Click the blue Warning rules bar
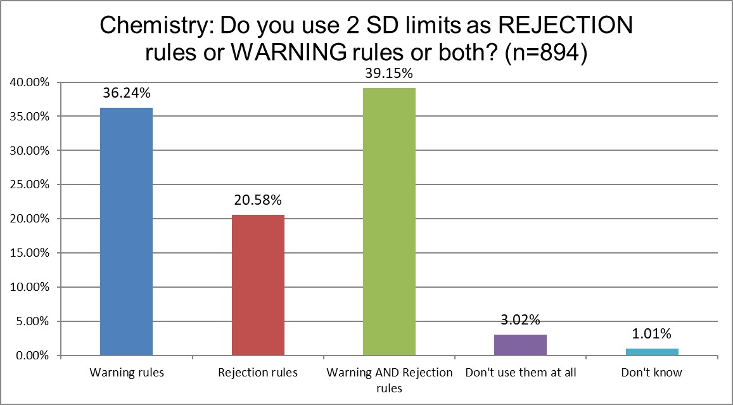126,231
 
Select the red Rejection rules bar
258,285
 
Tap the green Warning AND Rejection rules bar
389,222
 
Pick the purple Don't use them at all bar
520,345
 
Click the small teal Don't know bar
652,352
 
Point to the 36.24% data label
126,94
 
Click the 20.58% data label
258,201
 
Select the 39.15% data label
389,74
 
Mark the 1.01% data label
652,334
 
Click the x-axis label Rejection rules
258,373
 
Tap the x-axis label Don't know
652,373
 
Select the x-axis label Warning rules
126,373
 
